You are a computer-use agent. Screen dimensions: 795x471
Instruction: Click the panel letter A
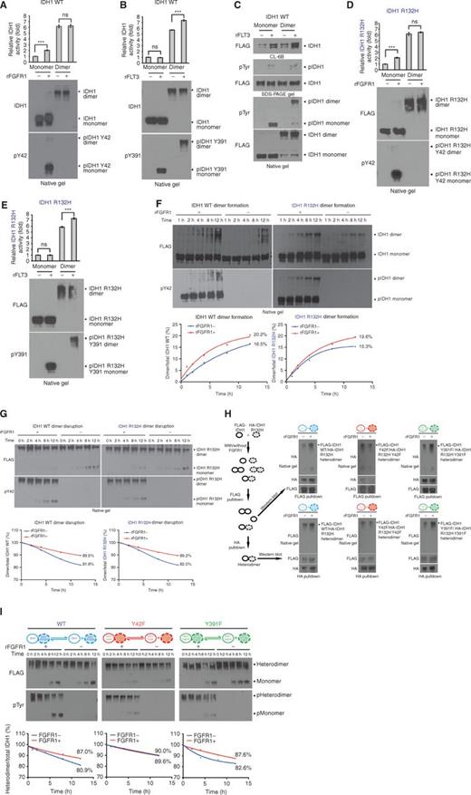pyautogui.click(x=5, y=5)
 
